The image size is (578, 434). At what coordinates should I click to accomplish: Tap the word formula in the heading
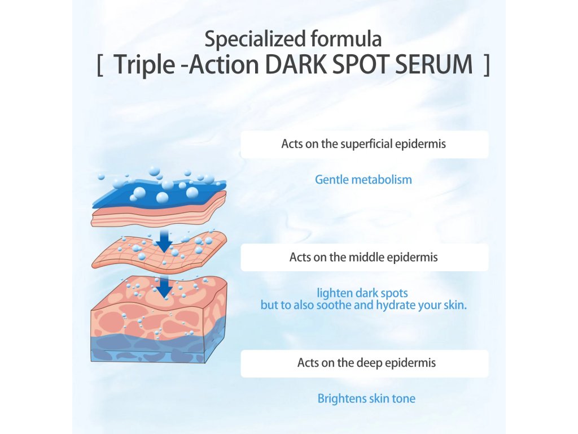[x=346, y=39]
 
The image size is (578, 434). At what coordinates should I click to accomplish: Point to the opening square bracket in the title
[x=99, y=65]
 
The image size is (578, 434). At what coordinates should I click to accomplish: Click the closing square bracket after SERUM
[x=487, y=65]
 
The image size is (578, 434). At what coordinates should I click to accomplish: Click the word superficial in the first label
[x=366, y=144]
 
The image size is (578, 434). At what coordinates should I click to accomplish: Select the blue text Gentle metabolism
[x=364, y=180]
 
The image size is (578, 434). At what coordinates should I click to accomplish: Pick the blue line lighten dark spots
[x=362, y=293]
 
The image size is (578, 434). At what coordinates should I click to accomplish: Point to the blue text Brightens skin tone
[x=366, y=398]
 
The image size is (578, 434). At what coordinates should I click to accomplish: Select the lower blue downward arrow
[x=164, y=287]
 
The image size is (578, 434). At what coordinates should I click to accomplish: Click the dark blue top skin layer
[x=159, y=194]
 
